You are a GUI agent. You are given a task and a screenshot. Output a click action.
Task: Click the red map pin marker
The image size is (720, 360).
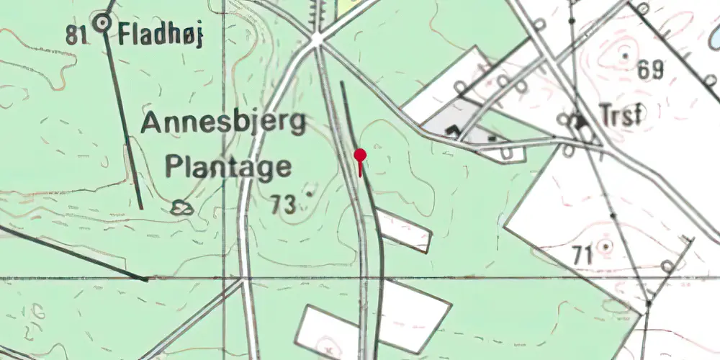(360, 156)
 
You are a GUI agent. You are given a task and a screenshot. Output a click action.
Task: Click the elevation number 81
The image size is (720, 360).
(77, 33)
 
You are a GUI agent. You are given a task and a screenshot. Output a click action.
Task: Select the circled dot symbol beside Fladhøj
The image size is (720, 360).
(104, 24)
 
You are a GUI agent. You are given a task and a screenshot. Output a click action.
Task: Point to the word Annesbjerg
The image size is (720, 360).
(224, 123)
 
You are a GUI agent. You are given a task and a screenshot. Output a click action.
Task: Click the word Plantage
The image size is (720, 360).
(229, 167)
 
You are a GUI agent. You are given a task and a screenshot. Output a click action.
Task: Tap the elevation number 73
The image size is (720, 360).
(284, 205)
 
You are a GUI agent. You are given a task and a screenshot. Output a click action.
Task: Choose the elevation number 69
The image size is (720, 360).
(649, 71)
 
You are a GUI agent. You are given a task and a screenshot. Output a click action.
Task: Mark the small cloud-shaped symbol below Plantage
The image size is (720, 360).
(183, 208)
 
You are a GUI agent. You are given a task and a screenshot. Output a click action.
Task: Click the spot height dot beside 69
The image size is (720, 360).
(625, 55)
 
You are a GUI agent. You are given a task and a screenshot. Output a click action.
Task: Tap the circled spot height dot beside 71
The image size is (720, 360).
(606, 247)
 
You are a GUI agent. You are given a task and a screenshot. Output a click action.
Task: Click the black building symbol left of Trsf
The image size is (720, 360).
(577, 122)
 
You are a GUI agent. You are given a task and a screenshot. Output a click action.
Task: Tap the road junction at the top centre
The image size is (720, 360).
(318, 39)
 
